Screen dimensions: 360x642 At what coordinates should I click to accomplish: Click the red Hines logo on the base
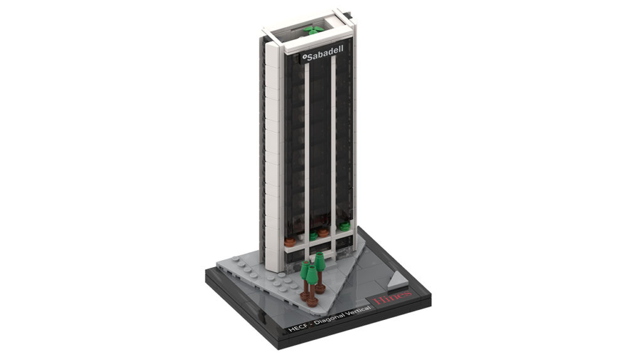click(x=392, y=297)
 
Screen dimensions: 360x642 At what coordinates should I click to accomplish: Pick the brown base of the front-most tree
click(x=312, y=301)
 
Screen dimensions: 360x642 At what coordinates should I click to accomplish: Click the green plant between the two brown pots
click(x=313, y=236)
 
